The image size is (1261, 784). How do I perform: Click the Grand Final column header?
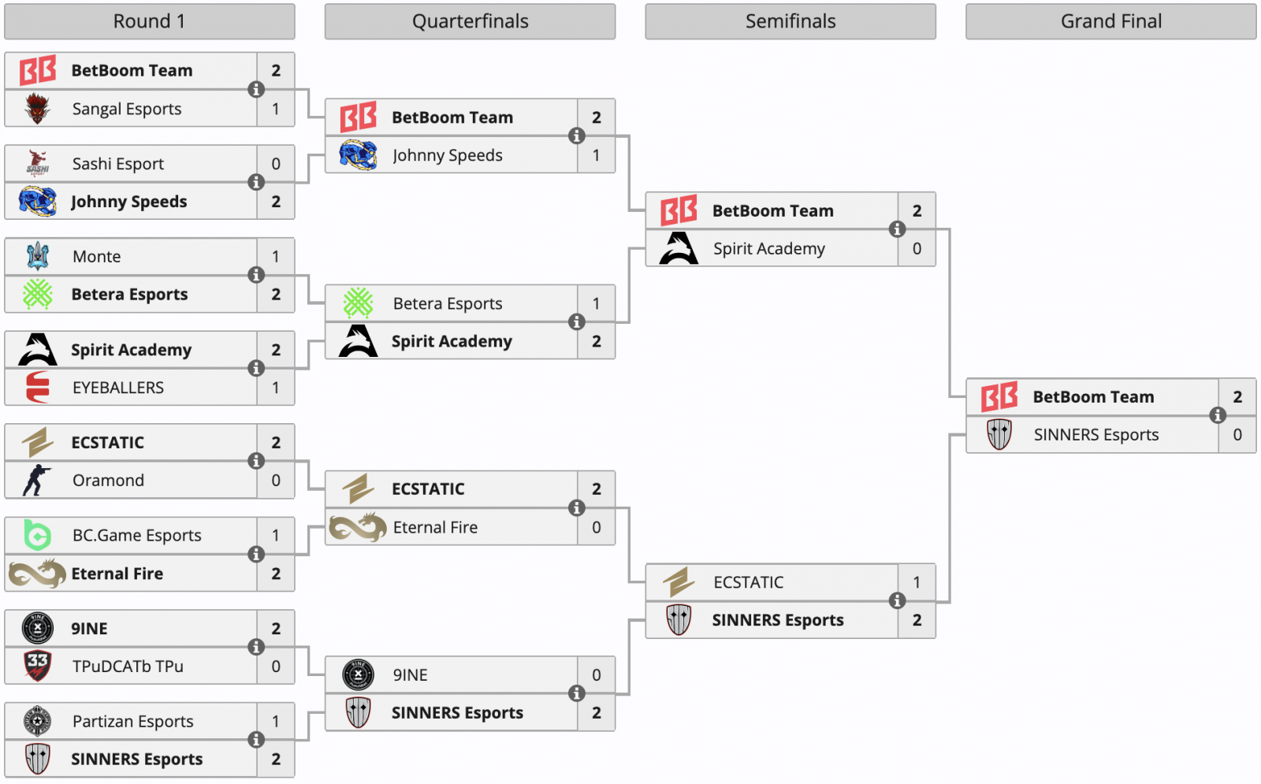(1110, 21)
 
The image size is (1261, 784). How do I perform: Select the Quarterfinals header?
(470, 21)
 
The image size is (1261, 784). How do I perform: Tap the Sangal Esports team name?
(127, 109)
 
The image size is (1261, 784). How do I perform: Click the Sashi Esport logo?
(37, 163)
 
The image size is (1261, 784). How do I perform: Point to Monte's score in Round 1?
(276, 256)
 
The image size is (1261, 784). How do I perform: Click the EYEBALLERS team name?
(118, 388)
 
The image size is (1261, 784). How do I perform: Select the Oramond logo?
(37, 480)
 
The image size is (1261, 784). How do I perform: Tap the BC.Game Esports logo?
(37, 535)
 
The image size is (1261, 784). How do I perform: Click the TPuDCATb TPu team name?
(128, 667)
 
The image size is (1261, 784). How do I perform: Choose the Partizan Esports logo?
(37, 721)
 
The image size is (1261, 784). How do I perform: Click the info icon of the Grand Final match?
(1218, 415)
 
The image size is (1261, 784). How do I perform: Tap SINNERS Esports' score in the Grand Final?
(1237, 435)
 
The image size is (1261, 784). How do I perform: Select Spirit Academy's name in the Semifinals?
(769, 249)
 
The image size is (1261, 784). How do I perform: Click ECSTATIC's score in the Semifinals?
(917, 582)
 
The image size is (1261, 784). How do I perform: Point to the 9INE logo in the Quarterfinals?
(358, 674)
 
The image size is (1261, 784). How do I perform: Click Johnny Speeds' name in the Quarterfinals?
(448, 156)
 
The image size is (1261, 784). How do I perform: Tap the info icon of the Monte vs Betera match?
(256, 275)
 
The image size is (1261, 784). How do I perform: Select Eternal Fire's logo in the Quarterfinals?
(358, 527)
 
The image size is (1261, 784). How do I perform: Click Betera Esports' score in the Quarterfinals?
(597, 303)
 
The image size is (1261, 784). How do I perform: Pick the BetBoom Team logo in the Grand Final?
(999, 396)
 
